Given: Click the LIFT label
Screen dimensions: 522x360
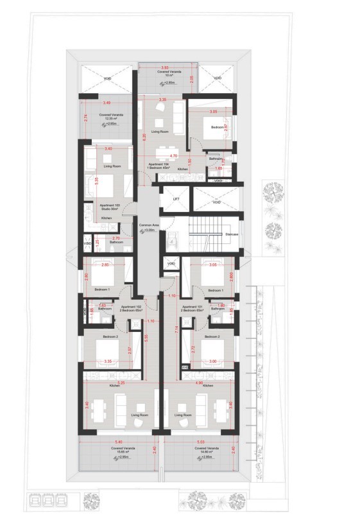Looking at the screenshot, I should [175, 200].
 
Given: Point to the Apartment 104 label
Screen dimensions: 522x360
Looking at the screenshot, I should [158, 164].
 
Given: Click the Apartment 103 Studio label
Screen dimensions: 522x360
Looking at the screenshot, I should [106, 207].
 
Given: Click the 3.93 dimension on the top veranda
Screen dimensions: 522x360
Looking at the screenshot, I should [164, 67].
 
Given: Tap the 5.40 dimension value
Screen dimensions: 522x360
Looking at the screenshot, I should [117, 442].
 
